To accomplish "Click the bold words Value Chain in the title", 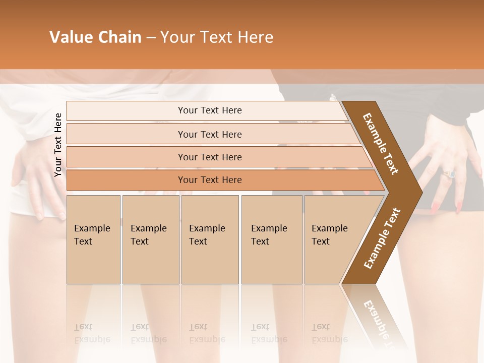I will (95, 37).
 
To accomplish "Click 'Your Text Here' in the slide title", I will (216, 37).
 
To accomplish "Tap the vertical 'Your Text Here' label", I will (58, 145).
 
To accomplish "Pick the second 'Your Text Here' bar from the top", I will (210, 134).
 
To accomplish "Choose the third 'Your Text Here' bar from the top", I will (210, 157).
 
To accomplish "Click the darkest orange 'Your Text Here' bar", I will (210, 180).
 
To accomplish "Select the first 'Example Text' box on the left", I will (93, 239).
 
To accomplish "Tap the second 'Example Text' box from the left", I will (150, 239).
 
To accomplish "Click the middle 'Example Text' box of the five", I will (210, 239).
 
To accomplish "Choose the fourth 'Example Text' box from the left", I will (272, 239).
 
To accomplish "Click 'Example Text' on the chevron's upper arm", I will (381, 144).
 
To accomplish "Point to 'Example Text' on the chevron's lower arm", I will (382, 238).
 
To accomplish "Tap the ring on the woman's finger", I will (449, 174).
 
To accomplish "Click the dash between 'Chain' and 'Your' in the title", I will (151, 38).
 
